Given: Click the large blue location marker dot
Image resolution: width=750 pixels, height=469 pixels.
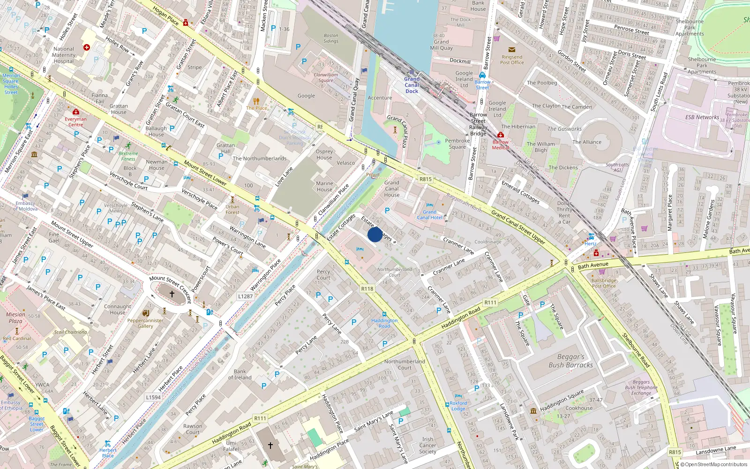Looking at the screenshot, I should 375,234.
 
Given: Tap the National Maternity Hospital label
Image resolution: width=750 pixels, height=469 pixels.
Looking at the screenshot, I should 64,55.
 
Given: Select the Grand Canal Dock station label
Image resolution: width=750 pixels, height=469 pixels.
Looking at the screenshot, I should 412,85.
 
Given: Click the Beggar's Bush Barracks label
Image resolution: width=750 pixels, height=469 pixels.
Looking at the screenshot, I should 570,361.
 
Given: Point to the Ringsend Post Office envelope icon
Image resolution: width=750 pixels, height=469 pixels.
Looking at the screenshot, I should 512,50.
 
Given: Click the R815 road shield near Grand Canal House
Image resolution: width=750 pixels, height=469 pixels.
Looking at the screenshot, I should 425,179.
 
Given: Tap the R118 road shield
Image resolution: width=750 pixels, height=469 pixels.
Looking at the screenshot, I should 367,289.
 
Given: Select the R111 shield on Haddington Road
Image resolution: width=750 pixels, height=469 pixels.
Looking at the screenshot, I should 490,303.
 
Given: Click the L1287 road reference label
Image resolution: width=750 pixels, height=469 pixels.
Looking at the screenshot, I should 245,296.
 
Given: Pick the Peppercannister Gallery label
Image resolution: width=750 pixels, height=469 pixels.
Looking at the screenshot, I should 145,323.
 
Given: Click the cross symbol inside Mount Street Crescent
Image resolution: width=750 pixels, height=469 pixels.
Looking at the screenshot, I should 172,294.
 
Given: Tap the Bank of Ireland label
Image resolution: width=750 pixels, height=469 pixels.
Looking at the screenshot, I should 240,374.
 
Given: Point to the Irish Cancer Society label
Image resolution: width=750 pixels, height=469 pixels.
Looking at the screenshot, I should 427,446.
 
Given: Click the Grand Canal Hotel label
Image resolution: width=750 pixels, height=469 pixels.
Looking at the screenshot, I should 429,214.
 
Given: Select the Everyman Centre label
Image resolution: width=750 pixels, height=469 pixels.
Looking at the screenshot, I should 75,122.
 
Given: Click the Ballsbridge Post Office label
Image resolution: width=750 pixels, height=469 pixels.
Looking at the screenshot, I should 604,283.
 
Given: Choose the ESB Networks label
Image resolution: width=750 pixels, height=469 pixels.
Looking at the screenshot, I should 702,117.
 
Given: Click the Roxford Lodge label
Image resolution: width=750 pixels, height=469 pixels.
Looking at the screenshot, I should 458,406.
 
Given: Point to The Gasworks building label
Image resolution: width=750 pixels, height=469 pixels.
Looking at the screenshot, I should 564,129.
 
